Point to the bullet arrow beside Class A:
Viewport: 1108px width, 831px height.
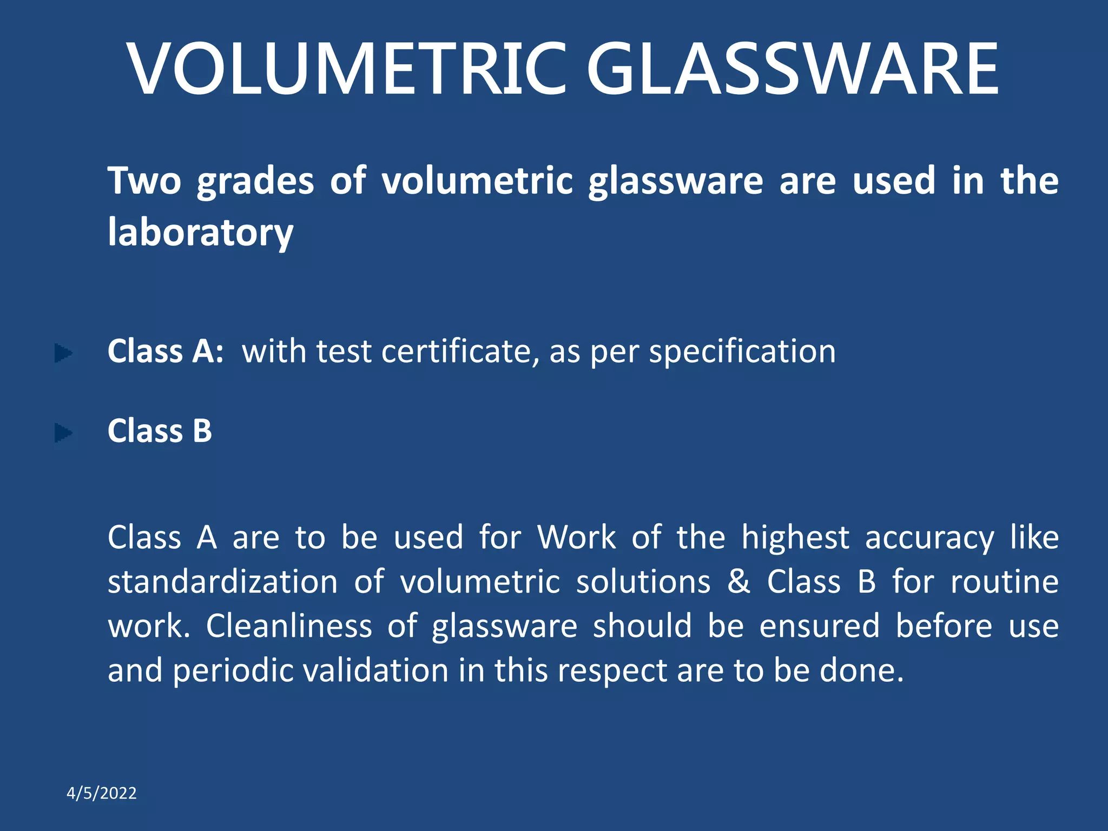point(63,354)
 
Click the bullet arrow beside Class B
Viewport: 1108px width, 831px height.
point(63,433)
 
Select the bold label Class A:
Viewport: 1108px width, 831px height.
point(166,352)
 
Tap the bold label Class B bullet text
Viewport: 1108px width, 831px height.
point(160,431)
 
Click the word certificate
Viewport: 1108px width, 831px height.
point(460,352)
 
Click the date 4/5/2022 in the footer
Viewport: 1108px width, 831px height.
point(102,793)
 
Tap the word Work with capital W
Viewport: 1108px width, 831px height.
point(576,538)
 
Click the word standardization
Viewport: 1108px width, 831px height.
point(223,582)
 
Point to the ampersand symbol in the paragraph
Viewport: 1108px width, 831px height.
point(738,582)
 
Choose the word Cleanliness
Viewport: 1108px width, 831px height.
point(289,626)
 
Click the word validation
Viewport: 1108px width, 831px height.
point(375,671)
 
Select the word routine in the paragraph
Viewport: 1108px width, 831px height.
point(1004,582)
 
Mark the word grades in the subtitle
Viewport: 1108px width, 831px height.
point(255,182)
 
